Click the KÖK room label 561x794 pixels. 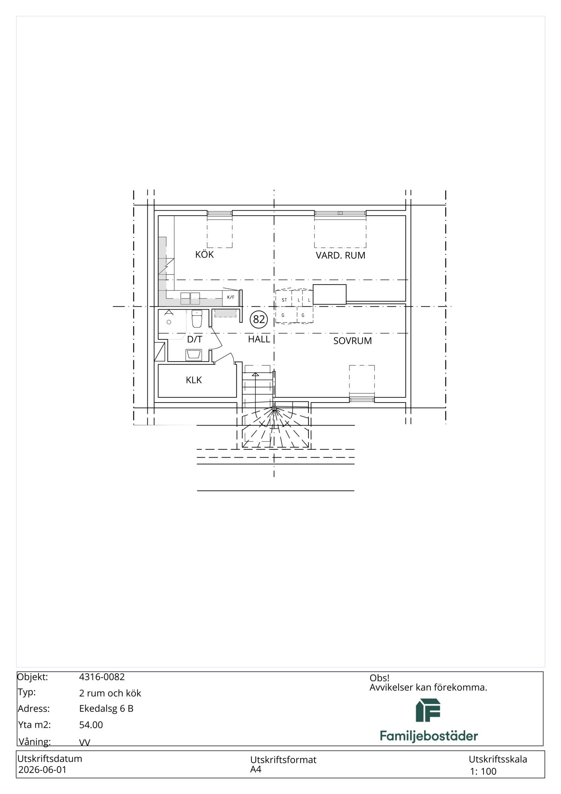pyautogui.click(x=204, y=254)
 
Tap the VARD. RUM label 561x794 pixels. pyautogui.click(x=341, y=255)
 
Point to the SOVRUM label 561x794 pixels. pyautogui.click(x=353, y=341)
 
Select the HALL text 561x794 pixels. pyautogui.click(x=259, y=339)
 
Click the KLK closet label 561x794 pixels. pyautogui.click(x=194, y=380)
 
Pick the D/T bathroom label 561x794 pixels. pyautogui.click(x=195, y=339)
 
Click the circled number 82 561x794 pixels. pyautogui.click(x=259, y=319)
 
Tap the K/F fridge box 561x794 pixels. pyautogui.click(x=231, y=297)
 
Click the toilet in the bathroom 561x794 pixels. pyautogui.click(x=197, y=318)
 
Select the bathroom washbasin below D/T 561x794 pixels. pyautogui.click(x=194, y=355)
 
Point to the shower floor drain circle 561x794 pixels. pyautogui.click(x=169, y=322)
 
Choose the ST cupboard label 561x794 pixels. pyautogui.click(x=284, y=300)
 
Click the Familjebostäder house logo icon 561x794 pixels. pyautogui.click(x=428, y=710)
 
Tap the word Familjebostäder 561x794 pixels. pyautogui.click(x=429, y=736)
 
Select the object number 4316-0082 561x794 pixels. pyautogui.click(x=102, y=677)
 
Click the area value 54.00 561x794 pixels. pyautogui.click(x=91, y=725)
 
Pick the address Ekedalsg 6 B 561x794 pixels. pyautogui.click(x=106, y=709)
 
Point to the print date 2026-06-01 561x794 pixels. pyautogui.click(x=42, y=770)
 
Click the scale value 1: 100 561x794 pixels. pyautogui.click(x=483, y=771)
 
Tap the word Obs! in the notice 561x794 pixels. pyautogui.click(x=380, y=678)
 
